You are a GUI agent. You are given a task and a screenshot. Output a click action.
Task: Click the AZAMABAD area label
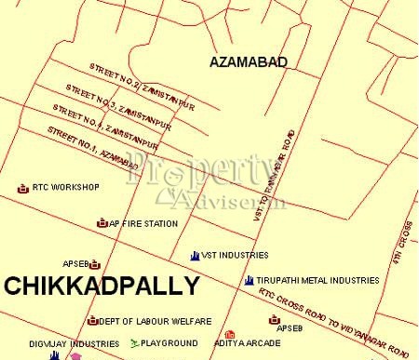[249, 62]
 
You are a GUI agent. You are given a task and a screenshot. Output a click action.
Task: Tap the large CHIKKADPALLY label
[101, 286]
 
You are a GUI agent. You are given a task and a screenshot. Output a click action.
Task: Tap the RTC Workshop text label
[65, 187]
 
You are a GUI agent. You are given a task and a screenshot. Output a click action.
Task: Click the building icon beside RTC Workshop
[23, 188]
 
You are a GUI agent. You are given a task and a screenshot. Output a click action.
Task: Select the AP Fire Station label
[143, 223]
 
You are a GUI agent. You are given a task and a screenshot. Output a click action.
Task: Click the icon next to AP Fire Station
[101, 223]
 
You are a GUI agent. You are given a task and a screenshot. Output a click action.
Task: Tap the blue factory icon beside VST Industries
[194, 255]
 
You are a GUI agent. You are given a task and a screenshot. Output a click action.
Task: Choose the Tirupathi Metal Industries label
[318, 280]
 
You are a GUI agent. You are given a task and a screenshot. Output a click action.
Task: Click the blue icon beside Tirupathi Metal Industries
[249, 280]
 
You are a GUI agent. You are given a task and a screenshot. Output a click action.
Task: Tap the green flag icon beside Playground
[134, 343]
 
